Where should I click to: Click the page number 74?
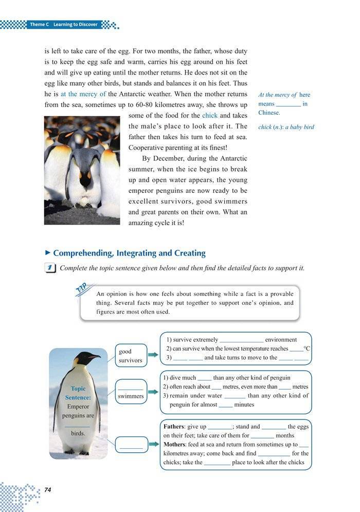48,489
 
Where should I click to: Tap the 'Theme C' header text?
39,25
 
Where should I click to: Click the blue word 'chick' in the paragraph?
210,116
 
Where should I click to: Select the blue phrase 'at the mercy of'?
83,94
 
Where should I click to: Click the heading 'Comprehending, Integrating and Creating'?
129,253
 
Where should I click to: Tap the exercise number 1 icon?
50,268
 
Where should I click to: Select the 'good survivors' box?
130,356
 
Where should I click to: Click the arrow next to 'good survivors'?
153,355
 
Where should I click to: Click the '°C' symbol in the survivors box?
307,349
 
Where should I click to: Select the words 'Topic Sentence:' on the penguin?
78,393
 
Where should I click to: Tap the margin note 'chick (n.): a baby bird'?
286,127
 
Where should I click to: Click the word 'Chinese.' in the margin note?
269,113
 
